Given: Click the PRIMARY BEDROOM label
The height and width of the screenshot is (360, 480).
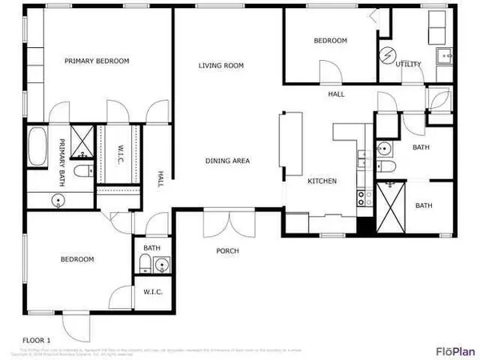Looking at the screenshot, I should point(96,61).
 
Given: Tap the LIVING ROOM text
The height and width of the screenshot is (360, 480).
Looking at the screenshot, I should point(221,66).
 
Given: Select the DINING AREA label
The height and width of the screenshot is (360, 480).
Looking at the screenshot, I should point(228,161).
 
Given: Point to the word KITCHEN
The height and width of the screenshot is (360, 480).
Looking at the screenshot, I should point(322,182).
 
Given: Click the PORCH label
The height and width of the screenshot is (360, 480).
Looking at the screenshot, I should point(227,251).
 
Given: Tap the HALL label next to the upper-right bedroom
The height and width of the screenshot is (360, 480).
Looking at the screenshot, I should point(336,94).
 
